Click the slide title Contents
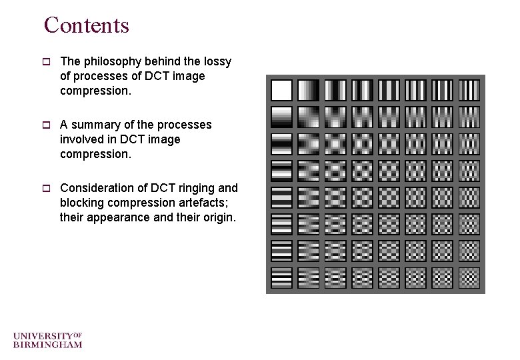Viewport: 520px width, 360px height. pos(86,25)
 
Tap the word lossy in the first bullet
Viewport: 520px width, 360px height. pos(217,61)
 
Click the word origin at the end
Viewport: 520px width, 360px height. pos(218,217)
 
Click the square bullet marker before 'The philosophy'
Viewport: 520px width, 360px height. pos(47,62)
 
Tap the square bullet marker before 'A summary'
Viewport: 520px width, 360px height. pos(47,125)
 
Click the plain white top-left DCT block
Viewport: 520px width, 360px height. pos(282,90)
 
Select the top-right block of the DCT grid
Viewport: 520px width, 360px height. pos(469,90)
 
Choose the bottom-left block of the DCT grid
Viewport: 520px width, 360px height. pos(282,277)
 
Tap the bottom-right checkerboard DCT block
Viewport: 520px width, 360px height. pos(469,277)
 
